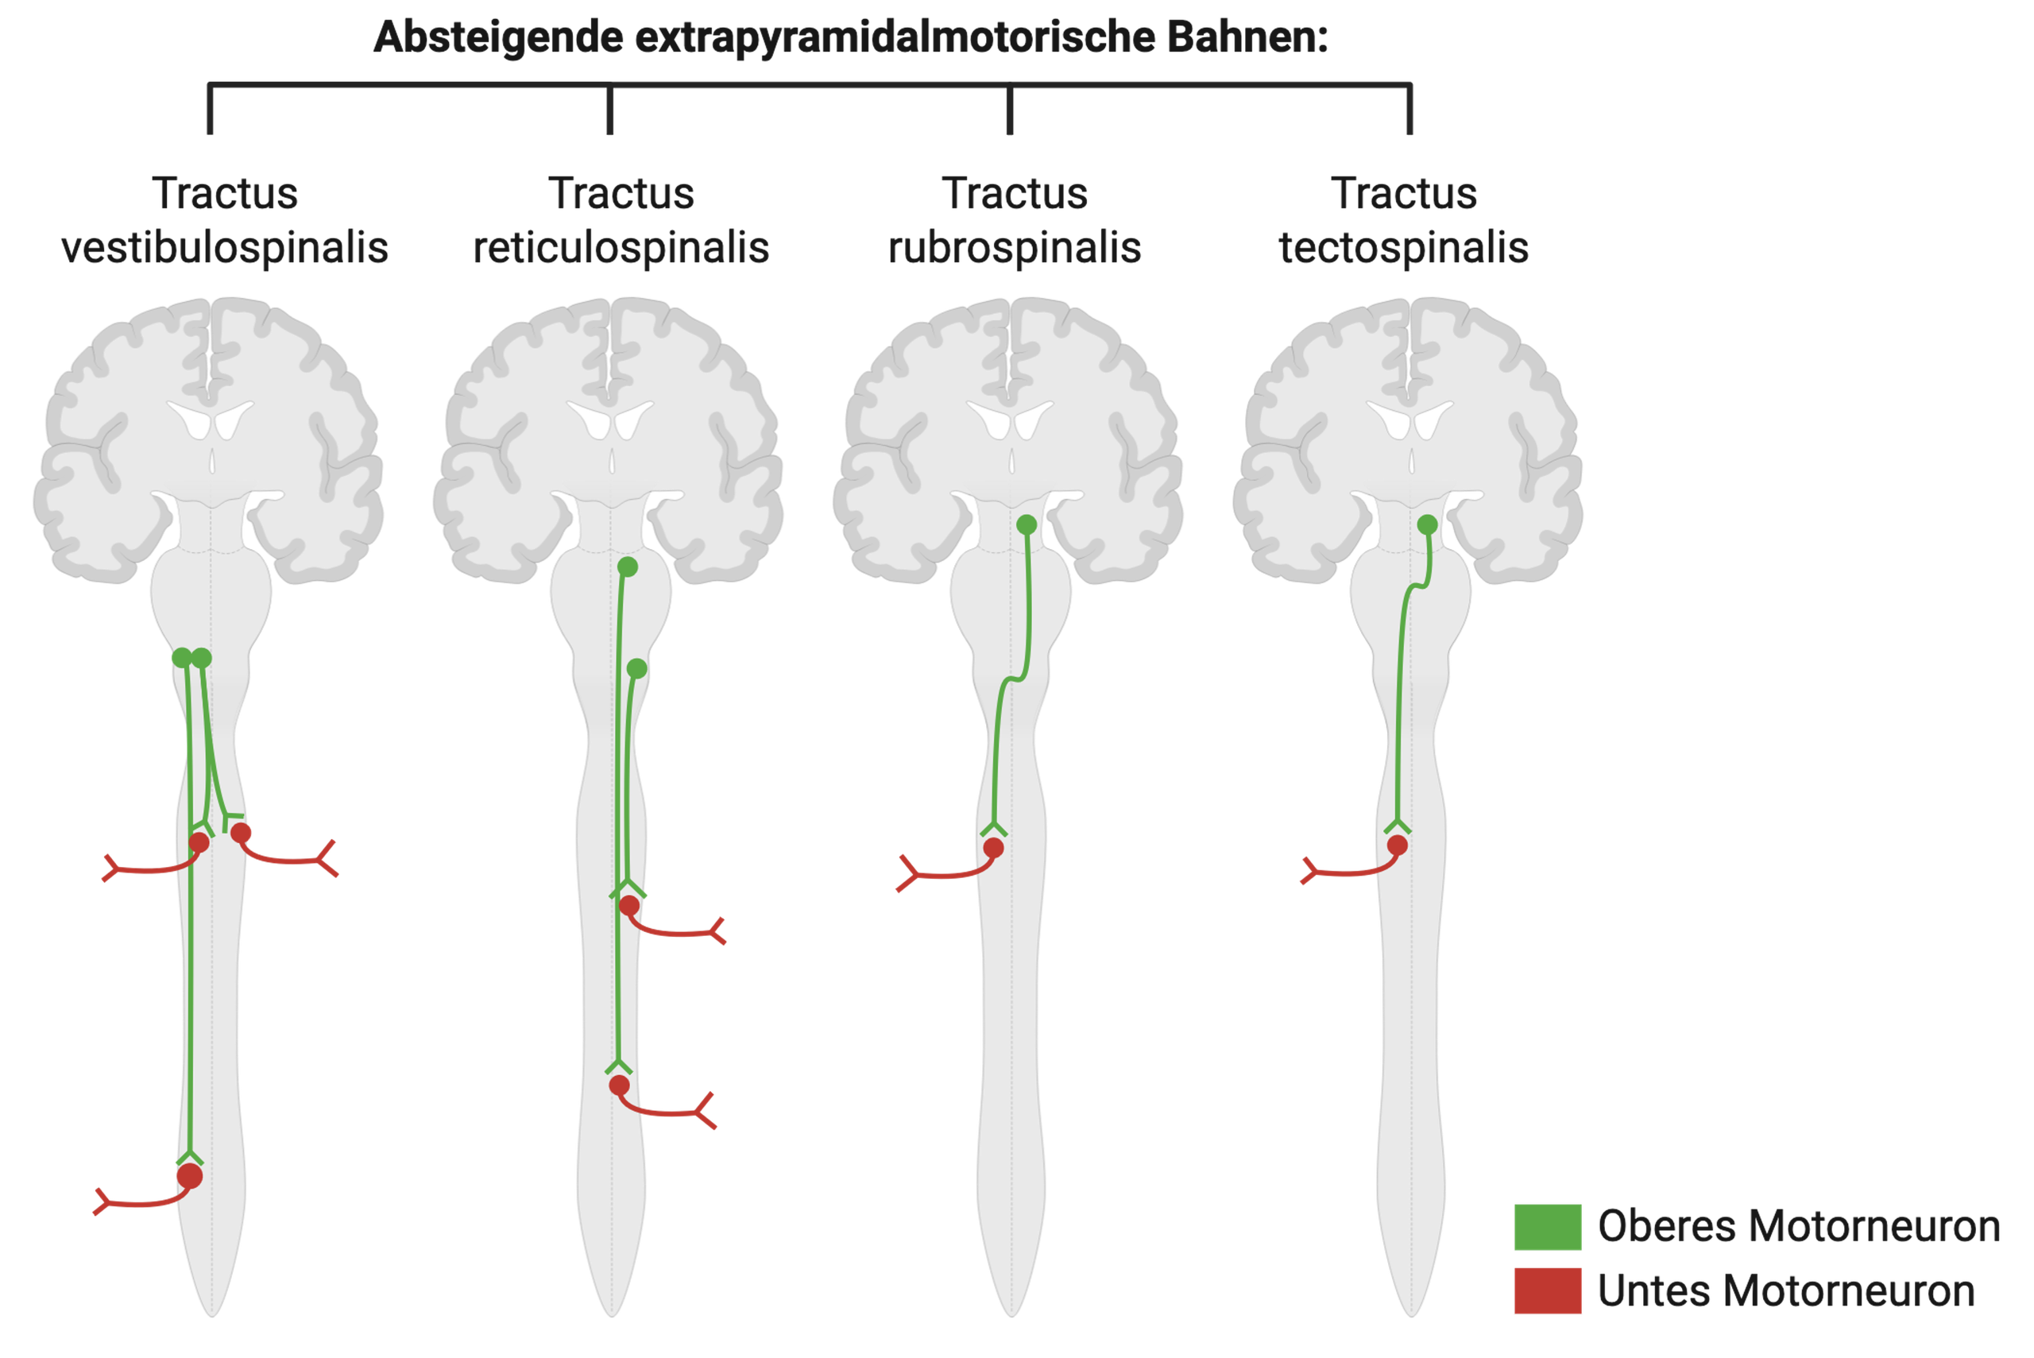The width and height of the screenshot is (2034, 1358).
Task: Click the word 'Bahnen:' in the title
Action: pyautogui.click(x=1247, y=37)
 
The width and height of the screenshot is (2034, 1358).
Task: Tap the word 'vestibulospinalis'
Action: pyautogui.click(x=224, y=248)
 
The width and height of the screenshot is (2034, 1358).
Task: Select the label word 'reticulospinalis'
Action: pyautogui.click(x=621, y=248)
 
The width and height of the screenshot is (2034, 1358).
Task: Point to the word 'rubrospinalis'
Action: pyautogui.click(x=1014, y=248)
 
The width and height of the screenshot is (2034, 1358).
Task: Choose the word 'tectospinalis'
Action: pyautogui.click(x=1404, y=248)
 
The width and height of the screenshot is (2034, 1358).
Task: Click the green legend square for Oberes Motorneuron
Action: pyautogui.click(x=1548, y=1226)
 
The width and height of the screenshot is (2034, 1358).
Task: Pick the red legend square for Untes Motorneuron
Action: pyautogui.click(x=1548, y=1290)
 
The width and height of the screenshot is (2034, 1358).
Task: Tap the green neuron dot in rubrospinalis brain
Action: pyautogui.click(x=1026, y=524)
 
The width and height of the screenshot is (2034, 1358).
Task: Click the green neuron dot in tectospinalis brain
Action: pyautogui.click(x=1427, y=524)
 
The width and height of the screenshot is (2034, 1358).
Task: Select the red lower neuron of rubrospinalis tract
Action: pyautogui.click(x=993, y=848)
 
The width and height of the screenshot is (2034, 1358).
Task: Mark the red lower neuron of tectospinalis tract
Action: pyautogui.click(x=1397, y=845)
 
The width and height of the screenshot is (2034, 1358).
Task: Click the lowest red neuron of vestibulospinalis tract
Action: pyautogui.click(x=190, y=1176)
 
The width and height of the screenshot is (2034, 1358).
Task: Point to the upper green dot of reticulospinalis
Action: pyautogui.click(x=628, y=567)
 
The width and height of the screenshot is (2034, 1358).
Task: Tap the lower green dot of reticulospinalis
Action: pyautogui.click(x=636, y=668)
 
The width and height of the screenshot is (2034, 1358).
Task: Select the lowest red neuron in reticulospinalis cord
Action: pyautogui.click(x=619, y=1085)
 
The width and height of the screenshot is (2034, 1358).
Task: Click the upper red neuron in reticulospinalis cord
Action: pyautogui.click(x=629, y=906)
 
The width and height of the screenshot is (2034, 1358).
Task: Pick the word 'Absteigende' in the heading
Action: pyautogui.click(x=498, y=37)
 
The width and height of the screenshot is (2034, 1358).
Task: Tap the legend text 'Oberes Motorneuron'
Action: pyautogui.click(x=1799, y=1226)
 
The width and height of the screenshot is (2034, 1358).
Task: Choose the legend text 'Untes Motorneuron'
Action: pyautogui.click(x=1785, y=1290)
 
